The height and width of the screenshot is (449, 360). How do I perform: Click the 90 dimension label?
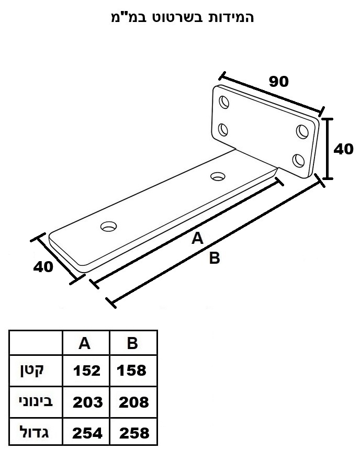click(278, 81)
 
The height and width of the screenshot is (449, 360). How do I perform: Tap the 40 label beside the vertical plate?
click(343, 149)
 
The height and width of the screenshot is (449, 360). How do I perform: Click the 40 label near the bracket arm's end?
click(43, 266)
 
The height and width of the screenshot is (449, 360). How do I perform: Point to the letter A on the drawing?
click(198, 238)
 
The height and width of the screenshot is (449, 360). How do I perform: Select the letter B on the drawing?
click(215, 257)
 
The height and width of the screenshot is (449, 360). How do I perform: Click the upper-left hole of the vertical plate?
click(224, 102)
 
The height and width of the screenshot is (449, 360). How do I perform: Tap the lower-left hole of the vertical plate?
click(223, 130)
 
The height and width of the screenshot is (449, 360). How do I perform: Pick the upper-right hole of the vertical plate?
click(302, 131)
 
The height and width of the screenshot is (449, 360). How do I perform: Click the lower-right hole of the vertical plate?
click(299, 160)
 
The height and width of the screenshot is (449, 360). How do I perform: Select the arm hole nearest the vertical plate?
click(218, 176)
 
